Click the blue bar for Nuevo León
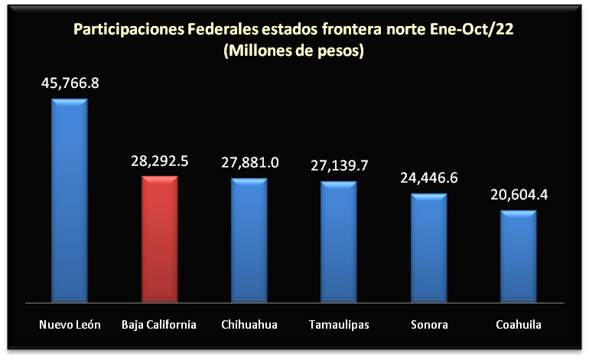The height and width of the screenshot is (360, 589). [x=70, y=200]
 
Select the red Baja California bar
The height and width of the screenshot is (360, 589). [x=160, y=238]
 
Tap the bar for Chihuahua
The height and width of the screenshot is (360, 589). [x=249, y=240]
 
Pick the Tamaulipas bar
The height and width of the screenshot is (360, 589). [x=339, y=242]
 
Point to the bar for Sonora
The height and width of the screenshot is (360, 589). [x=428, y=248]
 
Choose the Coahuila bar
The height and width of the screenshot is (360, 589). [x=518, y=255]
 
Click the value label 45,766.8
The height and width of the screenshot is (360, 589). [x=70, y=83]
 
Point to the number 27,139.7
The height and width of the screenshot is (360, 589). [x=339, y=165]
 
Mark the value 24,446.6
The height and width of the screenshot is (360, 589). [x=428, y=177]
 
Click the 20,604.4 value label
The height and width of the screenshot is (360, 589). [x=519, y=194]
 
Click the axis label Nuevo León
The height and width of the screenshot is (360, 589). [x=70, y=325]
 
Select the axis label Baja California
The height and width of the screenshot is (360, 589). [x=159, y=325]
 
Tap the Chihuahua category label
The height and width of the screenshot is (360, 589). [x=249, y=325]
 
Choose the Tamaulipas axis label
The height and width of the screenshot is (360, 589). [x=339, y=325]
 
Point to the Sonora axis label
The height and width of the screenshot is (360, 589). [x=428, y=325]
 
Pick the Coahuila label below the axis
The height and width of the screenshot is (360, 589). [x=518, y=325]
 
